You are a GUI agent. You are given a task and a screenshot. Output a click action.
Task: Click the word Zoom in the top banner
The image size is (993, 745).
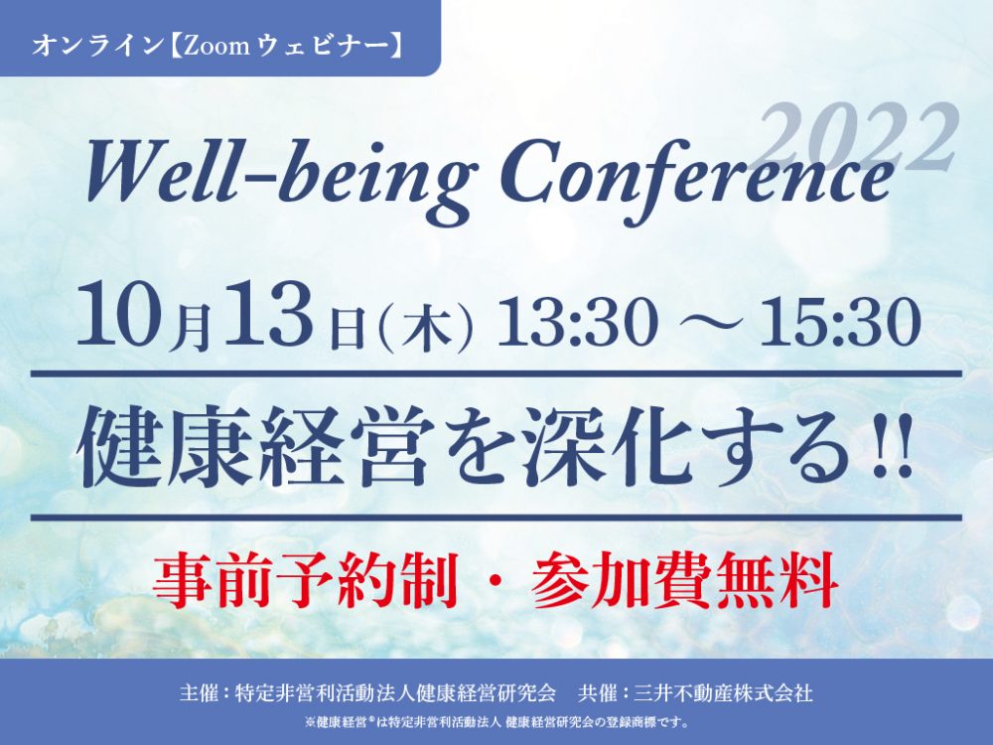(218, 47)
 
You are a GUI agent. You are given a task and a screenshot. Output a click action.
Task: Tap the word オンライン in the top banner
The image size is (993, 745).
(97, 47)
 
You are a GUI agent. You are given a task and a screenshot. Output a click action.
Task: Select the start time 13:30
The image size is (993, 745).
(575, 321)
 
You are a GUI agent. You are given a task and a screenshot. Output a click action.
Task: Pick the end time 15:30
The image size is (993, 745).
(841, 321)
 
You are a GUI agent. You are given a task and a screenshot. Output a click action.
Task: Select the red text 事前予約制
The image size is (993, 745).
(305, 579)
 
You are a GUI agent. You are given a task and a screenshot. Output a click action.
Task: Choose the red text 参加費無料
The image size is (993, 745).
(685, 579)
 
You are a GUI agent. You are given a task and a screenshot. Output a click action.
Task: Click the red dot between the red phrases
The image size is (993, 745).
(496, 581)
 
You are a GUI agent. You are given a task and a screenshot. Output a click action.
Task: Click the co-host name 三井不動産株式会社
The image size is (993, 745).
(723, 692)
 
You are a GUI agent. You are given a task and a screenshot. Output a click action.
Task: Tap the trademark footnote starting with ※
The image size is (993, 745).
(496, 721)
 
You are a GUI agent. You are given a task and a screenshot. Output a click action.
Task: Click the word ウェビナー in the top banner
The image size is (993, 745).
(323, 47)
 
